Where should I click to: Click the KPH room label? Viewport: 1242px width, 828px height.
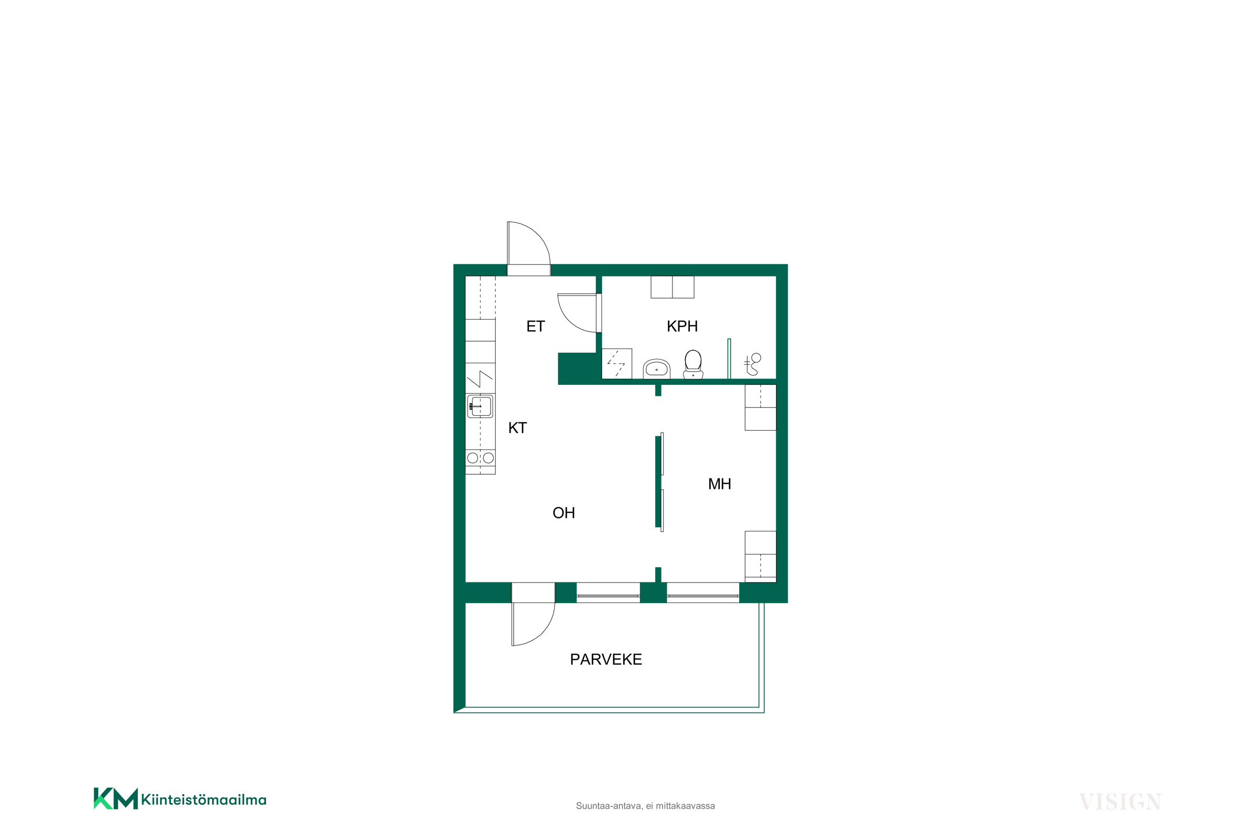pos(682,326)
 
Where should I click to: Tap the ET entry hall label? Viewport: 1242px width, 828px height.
pos(535,326)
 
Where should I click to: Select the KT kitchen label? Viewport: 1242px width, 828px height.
pos(517,428)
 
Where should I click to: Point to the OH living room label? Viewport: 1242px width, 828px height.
pos(564,513)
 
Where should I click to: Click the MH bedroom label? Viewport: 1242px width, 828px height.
pos(720,484)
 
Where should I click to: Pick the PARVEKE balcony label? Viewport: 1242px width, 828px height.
pos(606,659)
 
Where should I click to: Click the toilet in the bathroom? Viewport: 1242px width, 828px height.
pos(693,364)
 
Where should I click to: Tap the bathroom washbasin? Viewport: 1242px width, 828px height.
pos(656,369)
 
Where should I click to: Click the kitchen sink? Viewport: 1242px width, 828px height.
pos(480,406)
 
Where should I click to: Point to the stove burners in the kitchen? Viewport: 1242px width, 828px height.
pos(480,458)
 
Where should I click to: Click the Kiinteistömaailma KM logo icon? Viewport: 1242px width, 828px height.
pos(116,799)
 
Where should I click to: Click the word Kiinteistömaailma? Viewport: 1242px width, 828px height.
pos(204,800)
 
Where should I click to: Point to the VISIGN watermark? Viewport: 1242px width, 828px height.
pos(1120,802)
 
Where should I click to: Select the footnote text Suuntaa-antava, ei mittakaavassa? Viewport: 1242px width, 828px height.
pos(645,806)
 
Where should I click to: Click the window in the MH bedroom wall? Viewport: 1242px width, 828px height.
pos(703,592)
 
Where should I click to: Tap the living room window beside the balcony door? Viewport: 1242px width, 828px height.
pos(608,592)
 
